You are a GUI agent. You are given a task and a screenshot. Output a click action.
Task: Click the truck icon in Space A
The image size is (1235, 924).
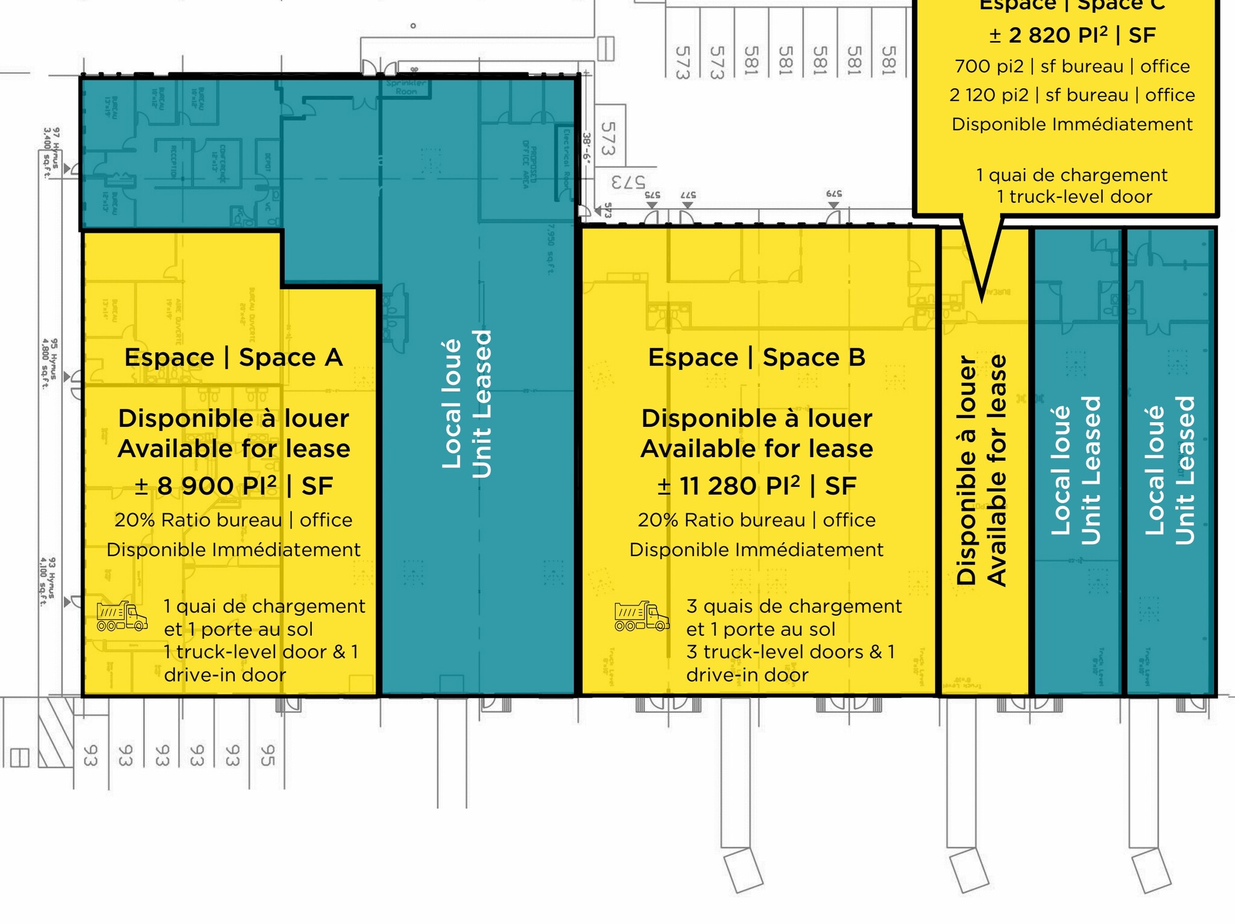pos(122,616)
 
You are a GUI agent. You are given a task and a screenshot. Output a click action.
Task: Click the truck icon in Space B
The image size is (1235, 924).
pos(642,616)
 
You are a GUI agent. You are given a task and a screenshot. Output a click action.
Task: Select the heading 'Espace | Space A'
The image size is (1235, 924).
pos(233,358)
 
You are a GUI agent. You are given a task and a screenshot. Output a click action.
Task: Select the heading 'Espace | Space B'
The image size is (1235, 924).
pos(757,358)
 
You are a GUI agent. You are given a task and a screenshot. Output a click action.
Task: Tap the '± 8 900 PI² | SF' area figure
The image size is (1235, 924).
pos(233,486)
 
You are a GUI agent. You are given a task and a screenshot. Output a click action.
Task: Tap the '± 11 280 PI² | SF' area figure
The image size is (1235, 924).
pos(757,486)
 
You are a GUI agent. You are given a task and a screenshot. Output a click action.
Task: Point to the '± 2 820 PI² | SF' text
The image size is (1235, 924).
pos(1072,36)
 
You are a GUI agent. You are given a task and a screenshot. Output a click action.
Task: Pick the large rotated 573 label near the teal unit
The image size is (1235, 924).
pos(608,138)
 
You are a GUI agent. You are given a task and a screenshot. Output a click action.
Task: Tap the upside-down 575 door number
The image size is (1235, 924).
pos(652,195)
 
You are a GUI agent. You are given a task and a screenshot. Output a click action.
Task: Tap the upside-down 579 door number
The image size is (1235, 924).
pos(834,194)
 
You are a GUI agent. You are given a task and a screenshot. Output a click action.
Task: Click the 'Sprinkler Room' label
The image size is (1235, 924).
pos(406,87)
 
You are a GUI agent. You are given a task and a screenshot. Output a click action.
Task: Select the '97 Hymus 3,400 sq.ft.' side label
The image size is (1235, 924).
pos(51,153)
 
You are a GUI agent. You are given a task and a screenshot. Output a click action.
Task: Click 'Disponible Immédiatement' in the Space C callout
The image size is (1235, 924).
pos(1072,125)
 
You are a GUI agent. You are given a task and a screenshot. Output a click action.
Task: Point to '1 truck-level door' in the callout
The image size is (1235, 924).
pos(1075,197)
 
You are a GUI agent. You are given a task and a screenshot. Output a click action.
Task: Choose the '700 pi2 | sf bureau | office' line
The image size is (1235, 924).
pos(1072,66)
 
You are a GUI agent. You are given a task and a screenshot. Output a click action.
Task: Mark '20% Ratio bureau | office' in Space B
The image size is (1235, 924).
pos(757,521)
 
